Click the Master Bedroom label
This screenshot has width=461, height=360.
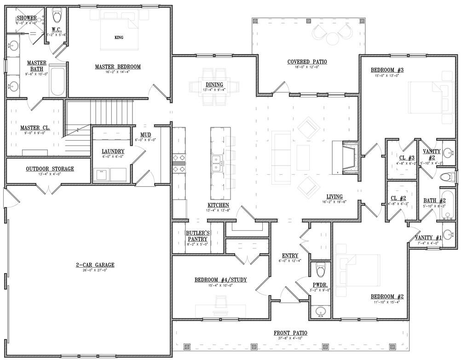[118, 67]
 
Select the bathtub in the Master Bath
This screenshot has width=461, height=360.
[58, 81]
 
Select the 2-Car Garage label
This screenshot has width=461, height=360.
[95, 265]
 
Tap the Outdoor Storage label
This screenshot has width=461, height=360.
[50, 169]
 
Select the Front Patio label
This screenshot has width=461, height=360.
[290, 333]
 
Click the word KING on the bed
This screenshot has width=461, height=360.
[119, 37]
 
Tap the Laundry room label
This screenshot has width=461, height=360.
[113, 151]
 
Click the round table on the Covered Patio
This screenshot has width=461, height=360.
[332, 39]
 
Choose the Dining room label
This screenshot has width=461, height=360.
[214, 85]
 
